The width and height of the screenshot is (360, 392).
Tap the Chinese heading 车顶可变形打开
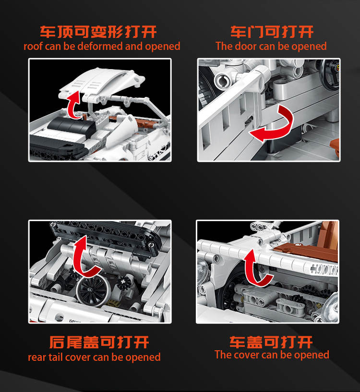[x=98, y=32]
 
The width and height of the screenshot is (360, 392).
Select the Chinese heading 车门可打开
[x=272, y=32]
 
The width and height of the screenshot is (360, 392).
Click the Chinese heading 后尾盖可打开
[x=99, y=342]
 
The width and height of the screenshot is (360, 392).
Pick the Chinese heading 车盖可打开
[x=271, y=342]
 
